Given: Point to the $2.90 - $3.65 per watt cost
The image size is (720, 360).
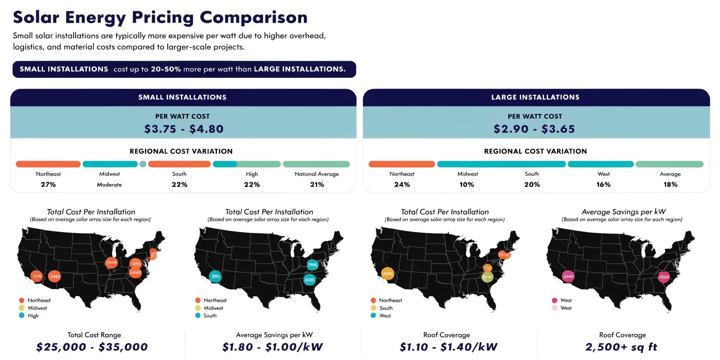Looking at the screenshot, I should tap(534, 129).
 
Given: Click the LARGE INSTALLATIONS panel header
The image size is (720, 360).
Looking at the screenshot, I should tap(535, 97).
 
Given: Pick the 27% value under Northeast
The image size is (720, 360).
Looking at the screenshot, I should tap(48, 185).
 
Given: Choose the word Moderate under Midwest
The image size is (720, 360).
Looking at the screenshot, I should tap(109, 185).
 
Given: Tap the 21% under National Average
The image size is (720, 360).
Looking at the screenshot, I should tap(317, 185).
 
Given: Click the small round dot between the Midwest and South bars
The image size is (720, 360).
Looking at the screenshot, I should tap(143, 164).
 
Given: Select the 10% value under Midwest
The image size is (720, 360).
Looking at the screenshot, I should tap(467, 185).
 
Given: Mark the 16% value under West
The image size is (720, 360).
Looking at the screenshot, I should tap(603, 185).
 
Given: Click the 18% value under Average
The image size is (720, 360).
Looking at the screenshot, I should tap(670, 185).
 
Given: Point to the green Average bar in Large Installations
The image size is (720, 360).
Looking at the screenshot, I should tap(669, 164).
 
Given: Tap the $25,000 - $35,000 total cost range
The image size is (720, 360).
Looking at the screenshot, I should tap(92, 347).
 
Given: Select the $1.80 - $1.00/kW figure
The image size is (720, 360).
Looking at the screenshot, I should tap(273, 347).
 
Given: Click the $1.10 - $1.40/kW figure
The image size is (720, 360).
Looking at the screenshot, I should tap(448, 347).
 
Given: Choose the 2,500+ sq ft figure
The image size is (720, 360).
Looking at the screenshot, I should tap(622, 347).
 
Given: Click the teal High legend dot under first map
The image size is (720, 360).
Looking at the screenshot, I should tap(21, 316).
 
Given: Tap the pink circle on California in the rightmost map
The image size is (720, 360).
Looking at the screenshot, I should tap(568, 276).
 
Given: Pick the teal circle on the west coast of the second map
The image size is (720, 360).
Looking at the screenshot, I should tap(215, 276).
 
